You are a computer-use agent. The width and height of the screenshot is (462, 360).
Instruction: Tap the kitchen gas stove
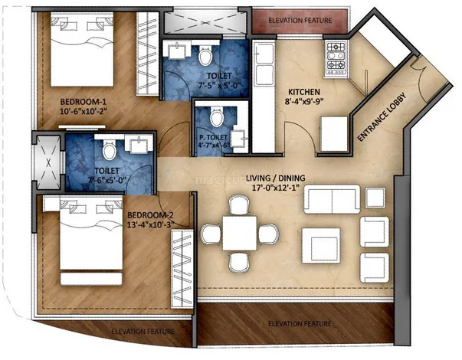point(338,57)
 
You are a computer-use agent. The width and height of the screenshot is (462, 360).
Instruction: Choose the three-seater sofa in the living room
point(330,200)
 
